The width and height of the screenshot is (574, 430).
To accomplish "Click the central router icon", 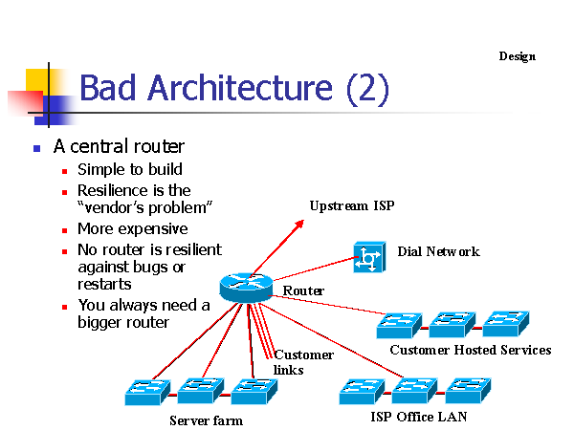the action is (246, 288).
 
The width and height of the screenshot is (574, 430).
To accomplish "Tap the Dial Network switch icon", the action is (369, 257).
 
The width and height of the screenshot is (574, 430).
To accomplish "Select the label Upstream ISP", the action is (352, 205).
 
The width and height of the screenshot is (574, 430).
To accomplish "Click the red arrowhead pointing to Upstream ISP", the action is (299, 225).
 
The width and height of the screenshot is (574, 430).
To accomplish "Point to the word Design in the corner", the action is (518, 56).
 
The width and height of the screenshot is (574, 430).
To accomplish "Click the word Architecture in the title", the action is (240, 88).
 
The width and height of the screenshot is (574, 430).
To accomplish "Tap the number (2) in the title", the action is (367, 89).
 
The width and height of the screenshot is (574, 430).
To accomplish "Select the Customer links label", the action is (303, 362).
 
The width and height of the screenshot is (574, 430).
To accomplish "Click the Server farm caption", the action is (206, 420).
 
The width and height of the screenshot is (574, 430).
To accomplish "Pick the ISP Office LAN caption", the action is (419, 417).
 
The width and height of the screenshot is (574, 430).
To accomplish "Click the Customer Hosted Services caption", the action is (471, 350).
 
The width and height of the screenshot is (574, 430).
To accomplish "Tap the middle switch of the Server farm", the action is (201, 391).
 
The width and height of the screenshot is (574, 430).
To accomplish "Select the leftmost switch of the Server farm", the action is (147, 392).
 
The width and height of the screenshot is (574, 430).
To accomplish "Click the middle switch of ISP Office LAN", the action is (414, 391).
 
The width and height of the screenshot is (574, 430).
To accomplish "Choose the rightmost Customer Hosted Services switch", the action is (506, 324).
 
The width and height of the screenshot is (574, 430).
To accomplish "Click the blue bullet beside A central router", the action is (36, 148).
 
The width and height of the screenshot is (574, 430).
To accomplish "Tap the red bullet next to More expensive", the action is (65, 230).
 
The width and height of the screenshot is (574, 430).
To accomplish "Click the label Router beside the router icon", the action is (303, 291).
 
